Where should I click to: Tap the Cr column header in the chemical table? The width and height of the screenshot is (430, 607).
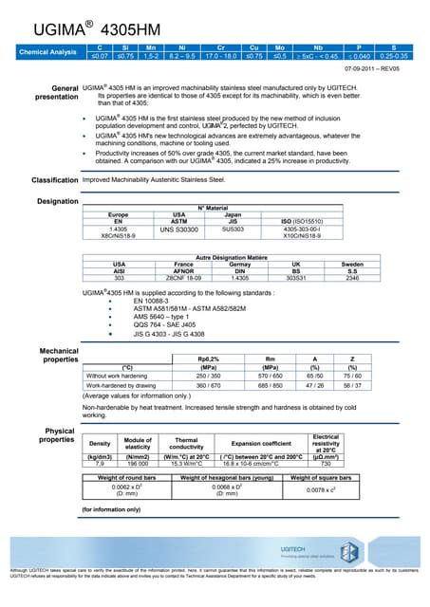(x=220, y=46)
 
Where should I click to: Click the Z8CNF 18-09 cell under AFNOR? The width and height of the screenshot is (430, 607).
(x=183, y=278)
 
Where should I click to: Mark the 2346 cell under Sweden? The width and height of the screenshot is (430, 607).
(x=352, y=278)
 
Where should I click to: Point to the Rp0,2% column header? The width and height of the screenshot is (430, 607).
(x=208, y=359)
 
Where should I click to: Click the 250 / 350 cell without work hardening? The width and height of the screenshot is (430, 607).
(x=208, y=376)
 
